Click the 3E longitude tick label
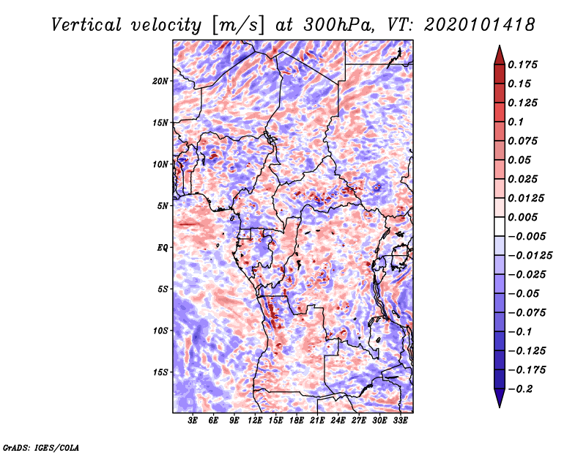tap(193, 421)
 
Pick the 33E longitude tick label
tap(400, 421)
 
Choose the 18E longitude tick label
tap(297, 421)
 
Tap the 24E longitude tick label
tap(338, 421)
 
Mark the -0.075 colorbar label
tap(527, 312)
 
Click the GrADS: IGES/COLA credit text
tap(41, 446)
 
